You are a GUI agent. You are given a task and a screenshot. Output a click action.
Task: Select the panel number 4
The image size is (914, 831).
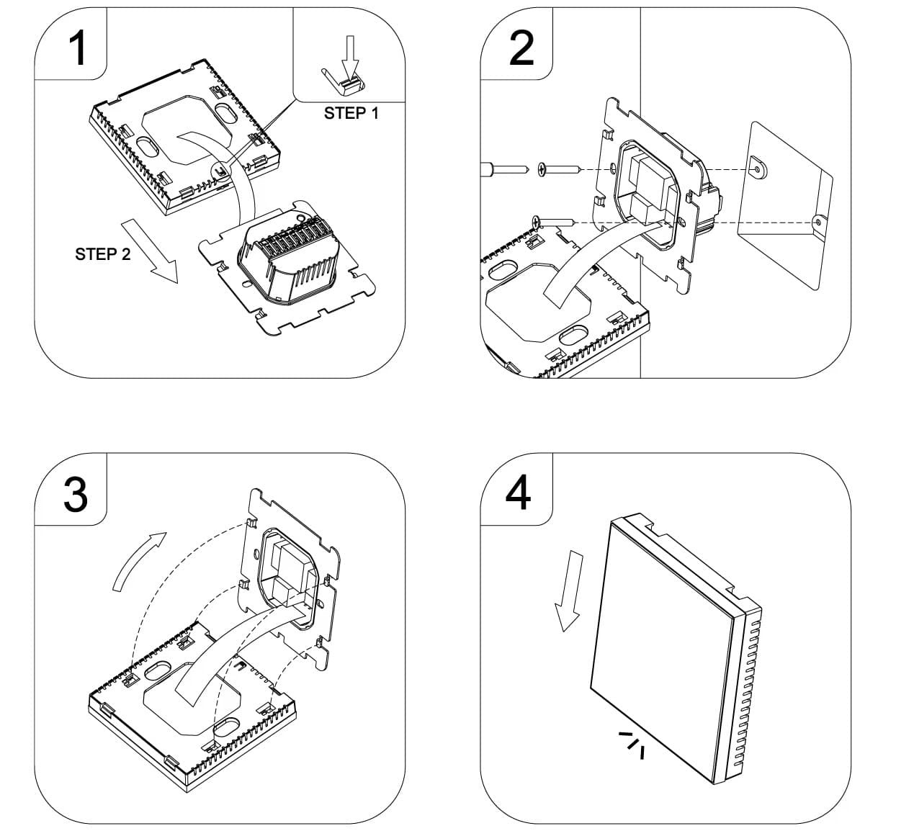519,493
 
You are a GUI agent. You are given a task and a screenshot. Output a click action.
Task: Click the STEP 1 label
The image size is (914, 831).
351,113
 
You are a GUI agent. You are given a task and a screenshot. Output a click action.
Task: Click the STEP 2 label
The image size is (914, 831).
103,254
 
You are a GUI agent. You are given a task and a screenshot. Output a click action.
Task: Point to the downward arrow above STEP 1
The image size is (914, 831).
350,56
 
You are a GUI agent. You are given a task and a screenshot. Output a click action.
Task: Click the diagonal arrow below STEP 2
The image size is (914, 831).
149,252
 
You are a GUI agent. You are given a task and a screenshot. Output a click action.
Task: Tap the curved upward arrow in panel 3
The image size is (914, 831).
138,560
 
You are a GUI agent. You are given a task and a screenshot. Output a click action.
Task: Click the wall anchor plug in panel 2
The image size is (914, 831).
489,171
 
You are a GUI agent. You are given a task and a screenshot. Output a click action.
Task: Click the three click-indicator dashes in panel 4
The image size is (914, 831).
632,744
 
